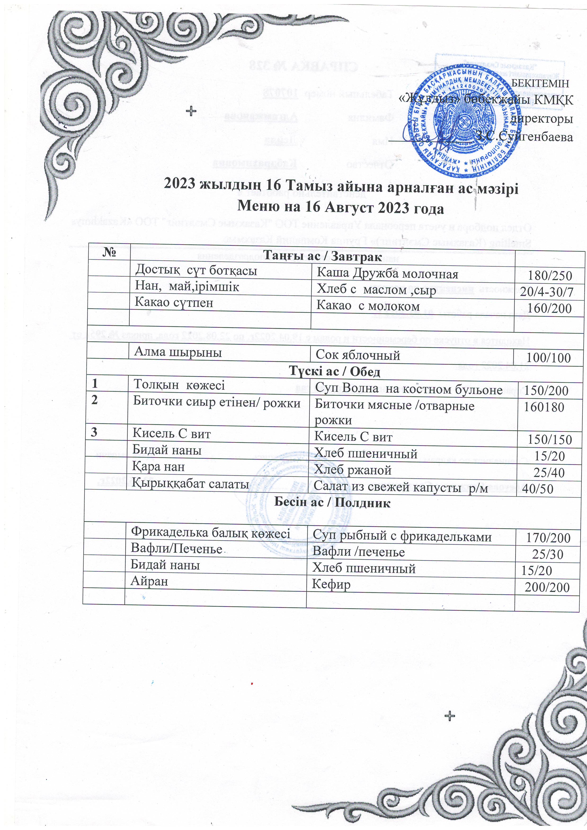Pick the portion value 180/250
click(x=550, y=276)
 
